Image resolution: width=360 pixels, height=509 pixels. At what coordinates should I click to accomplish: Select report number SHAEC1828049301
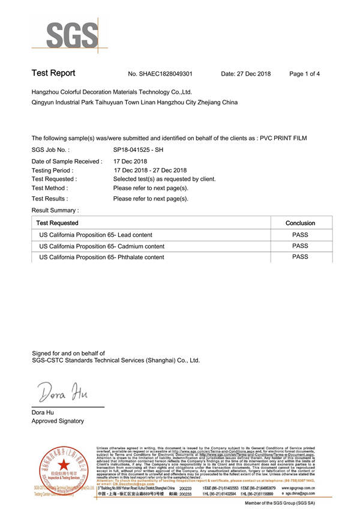160,74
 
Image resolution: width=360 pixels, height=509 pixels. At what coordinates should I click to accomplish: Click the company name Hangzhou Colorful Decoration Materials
111,92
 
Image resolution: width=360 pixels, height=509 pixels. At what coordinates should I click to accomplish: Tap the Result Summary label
55,210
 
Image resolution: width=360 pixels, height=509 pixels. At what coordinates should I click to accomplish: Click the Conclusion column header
300,223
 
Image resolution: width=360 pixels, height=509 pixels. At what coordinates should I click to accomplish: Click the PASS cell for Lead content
300,235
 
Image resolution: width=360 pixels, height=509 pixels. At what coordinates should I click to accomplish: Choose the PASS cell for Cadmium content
300,246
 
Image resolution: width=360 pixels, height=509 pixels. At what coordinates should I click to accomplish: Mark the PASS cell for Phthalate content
300,257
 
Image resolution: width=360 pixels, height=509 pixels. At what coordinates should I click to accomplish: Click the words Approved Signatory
58,421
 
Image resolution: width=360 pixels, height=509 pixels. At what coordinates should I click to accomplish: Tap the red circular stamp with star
62,468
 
